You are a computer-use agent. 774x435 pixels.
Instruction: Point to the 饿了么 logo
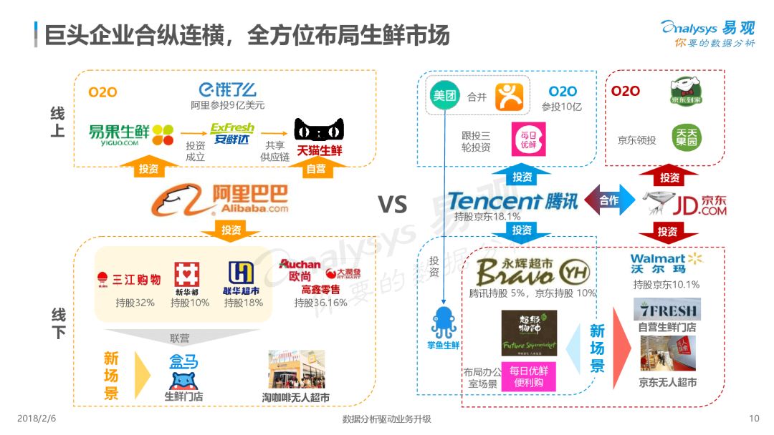(x=228, y=90)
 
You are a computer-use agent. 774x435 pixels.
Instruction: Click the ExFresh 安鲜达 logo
(x=231, y=133)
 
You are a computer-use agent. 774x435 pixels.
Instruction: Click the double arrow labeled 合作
(x=610, y=201)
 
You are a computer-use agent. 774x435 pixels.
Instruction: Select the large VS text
(x=392, y=205)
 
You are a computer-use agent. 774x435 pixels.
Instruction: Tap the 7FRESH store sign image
(x=667, y=308)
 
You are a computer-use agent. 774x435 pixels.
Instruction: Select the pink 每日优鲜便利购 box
(x=529, y=376)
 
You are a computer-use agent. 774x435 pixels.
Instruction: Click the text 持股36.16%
(x=320, y=303)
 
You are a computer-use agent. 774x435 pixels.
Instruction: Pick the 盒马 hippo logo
(x=183, y=371)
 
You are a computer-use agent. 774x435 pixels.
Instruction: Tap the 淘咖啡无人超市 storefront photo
(x=296, y=369)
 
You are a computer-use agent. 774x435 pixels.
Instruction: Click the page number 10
(x=753, y=419)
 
